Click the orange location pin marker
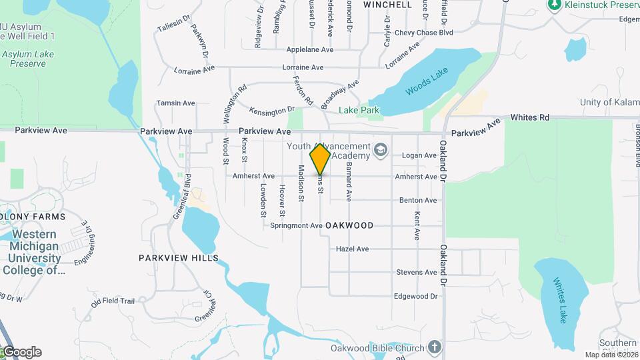pos(320,159)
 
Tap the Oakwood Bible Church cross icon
pos(435,347)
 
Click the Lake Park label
pos(358,110)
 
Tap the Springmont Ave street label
pos(296,226)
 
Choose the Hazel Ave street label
pos(353,249)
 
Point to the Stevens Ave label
pos(416,272)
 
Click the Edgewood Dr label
pos(415,296)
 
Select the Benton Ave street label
pos(418,200)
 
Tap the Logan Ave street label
pos(419,155)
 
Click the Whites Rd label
pos(530,117)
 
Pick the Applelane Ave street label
pos(309,49)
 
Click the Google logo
pos(21,352)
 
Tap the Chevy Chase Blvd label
pos(423,32)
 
